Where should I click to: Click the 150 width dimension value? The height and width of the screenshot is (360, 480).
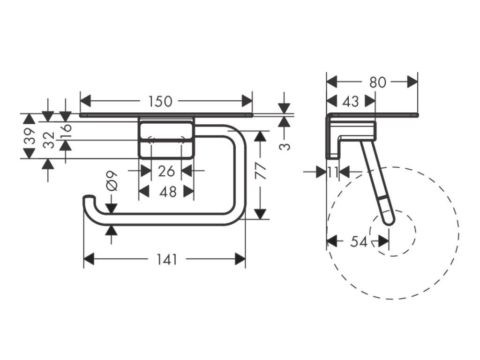[x=160, y=101]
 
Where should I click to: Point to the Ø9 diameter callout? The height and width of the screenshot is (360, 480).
[x=111, y=180]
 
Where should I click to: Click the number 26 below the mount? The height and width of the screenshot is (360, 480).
[x=166, y=171]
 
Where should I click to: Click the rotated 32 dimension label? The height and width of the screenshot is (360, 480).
[x=49, y=140]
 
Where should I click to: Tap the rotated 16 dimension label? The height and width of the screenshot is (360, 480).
[x=66, y=127]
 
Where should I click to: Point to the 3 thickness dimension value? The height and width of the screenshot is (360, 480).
[x=285, y=146]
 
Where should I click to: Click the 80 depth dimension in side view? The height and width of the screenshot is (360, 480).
[x=377, y=82]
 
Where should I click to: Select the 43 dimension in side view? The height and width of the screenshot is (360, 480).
[x=351, y=101]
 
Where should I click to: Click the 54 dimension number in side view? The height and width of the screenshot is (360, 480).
[x=359, y=241]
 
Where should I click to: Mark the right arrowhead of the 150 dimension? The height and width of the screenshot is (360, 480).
[x=247, y=101]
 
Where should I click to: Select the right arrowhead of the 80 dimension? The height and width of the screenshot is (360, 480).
[x=412, y=82]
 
